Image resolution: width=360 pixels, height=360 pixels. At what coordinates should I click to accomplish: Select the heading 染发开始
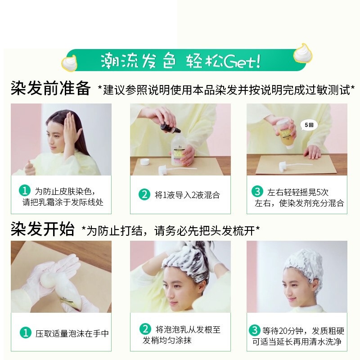42,229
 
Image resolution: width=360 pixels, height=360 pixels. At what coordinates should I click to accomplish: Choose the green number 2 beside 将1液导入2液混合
144,195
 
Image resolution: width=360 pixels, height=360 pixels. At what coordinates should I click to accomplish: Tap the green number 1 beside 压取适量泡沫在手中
25,333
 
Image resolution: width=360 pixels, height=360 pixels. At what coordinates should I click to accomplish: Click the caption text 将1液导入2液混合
187,195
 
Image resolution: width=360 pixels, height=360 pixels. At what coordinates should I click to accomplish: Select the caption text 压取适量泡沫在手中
72,334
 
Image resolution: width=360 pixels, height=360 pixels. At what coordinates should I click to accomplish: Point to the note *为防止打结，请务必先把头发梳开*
171,231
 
